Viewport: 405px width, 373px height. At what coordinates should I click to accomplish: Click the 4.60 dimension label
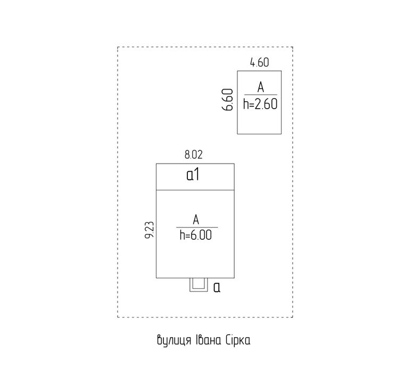tap(259, 62)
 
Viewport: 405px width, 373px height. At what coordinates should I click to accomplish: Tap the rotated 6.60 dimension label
tap(228, 100)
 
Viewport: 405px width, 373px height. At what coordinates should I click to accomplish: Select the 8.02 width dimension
tap(194, 155)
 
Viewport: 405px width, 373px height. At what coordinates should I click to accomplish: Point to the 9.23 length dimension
tap(150, 230)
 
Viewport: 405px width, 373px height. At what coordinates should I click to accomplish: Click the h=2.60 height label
tap(260, 104)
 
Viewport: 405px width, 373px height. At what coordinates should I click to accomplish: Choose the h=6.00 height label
tap(196, 235)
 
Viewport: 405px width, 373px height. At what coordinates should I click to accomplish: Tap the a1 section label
tap(193, 175)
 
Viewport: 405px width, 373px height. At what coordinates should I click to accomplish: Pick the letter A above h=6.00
tap(196, 220)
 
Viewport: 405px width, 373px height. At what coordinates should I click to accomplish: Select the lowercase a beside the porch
tap(217, 287)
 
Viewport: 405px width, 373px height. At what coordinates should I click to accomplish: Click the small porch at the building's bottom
tap(199, 285)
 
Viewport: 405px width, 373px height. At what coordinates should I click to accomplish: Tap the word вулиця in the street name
tap(174, 340)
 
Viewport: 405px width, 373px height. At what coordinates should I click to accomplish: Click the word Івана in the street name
tap(208, 340)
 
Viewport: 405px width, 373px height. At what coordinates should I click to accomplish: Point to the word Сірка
tap(238, 340)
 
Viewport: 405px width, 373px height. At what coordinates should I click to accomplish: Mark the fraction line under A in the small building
tap(261, 95)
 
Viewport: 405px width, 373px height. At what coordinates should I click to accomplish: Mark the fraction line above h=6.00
tap(197, 228)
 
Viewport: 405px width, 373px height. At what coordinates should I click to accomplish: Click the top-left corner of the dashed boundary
tap(118, 47)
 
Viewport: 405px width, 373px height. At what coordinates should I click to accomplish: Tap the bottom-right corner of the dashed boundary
tap(293, 317)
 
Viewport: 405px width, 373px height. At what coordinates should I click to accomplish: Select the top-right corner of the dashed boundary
tap(293, 47)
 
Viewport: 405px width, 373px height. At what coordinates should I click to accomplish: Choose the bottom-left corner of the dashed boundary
tap(118, 317)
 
